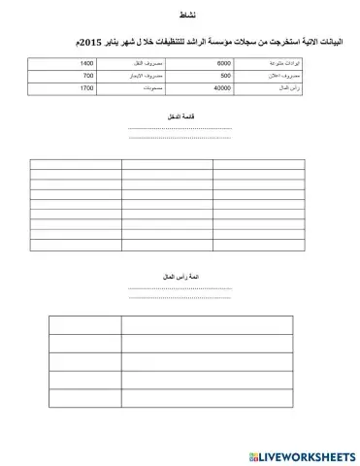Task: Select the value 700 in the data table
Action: click(88, 75)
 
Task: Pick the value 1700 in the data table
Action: click(86, 87)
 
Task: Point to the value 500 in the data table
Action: click(225, 75)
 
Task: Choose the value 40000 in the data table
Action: click(222, 87)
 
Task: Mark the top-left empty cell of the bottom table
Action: click(84, 324)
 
